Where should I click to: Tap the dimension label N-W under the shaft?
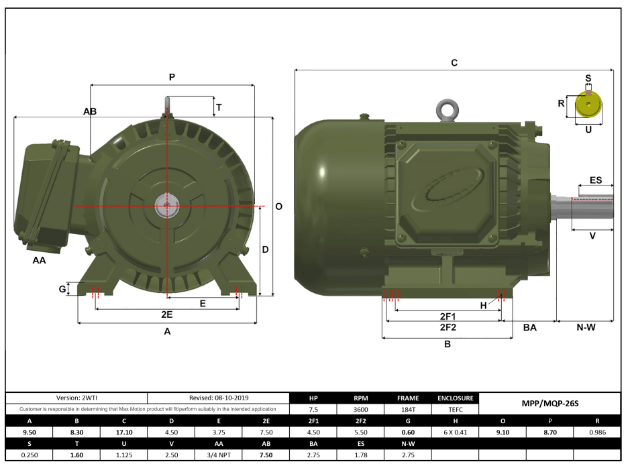(586, 328)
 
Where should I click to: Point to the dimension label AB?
(90, 111)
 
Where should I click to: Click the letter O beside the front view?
(278, 207)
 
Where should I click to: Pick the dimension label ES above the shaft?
(596, 180)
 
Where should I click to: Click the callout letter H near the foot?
(483, 305)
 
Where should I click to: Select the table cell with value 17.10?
(125, 432)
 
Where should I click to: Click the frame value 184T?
(408, 409)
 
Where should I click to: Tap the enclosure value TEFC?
(456, 409)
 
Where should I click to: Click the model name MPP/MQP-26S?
(549, 404)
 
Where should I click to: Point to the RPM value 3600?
(360, 409)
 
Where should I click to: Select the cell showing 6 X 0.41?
(456, 432)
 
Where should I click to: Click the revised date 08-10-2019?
(218, 398)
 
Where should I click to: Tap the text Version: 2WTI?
(76, 398)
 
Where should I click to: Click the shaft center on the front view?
(166, 205)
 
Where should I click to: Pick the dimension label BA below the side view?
(529, 328)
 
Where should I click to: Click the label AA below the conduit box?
(39, 260)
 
